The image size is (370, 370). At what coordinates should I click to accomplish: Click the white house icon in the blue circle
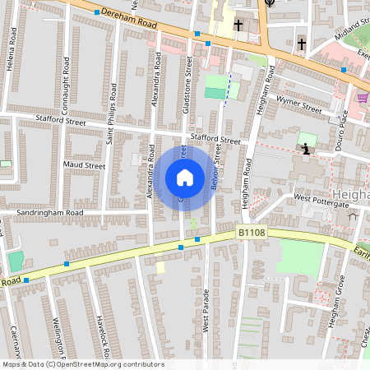click(x=184, y=178)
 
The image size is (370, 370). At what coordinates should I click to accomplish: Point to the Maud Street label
click(x=84, y=165)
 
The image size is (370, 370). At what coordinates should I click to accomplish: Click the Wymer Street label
click(x=298, y=106)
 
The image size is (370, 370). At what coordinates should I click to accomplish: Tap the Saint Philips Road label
click(x=111, y=123)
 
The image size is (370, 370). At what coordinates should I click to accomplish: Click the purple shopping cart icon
click(x=363, y=98)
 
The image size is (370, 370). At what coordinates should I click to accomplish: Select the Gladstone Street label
click(x=189, y=78)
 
